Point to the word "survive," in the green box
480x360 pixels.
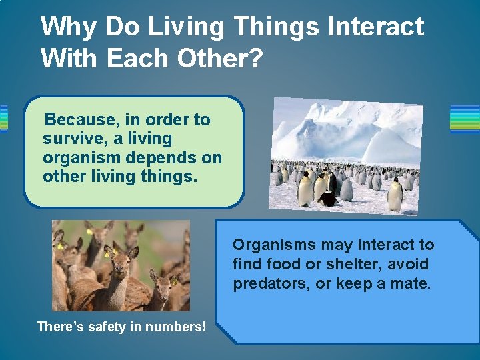71,139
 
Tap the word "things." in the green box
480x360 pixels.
175,177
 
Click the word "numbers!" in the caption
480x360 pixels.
178,327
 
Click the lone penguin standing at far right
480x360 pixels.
395,196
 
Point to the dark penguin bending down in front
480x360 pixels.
327,199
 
